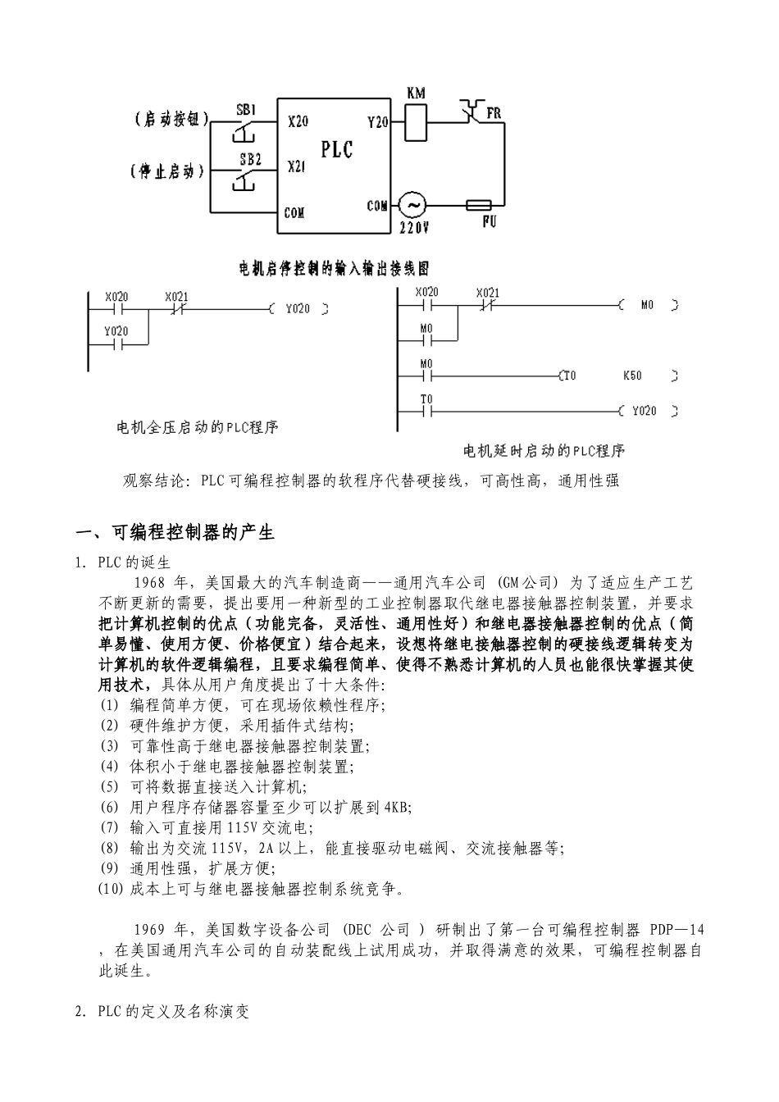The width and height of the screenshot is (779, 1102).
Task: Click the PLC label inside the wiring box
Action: point(337,148)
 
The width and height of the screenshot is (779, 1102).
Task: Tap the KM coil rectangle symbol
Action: point(417,123)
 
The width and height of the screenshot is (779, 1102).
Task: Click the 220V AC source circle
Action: point(412,205)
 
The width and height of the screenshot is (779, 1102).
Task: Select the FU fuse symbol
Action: point(478,205)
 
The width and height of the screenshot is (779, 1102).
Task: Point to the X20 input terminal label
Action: point(298,121)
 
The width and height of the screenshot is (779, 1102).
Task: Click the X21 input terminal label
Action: point(297,166)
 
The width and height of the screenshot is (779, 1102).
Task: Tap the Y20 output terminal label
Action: point(378,121)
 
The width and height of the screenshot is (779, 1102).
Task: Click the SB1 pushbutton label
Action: point(246,108)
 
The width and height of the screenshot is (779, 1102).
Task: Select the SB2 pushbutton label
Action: point(250,159)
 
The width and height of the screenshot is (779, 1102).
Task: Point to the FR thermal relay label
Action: point(494,114)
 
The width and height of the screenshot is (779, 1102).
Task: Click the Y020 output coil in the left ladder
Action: point(298,309)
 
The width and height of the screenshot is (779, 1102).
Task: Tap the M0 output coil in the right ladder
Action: point(648,305)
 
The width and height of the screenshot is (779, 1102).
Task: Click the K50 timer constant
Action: point(632,376)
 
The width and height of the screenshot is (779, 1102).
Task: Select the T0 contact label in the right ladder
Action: point(426,399)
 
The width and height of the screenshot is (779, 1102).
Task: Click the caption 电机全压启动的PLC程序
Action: point(198,427)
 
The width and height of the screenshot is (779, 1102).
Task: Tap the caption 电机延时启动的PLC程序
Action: point(544,450)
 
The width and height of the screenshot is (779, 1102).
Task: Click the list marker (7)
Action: point(109,827)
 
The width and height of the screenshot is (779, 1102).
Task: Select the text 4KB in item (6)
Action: point(398,807)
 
